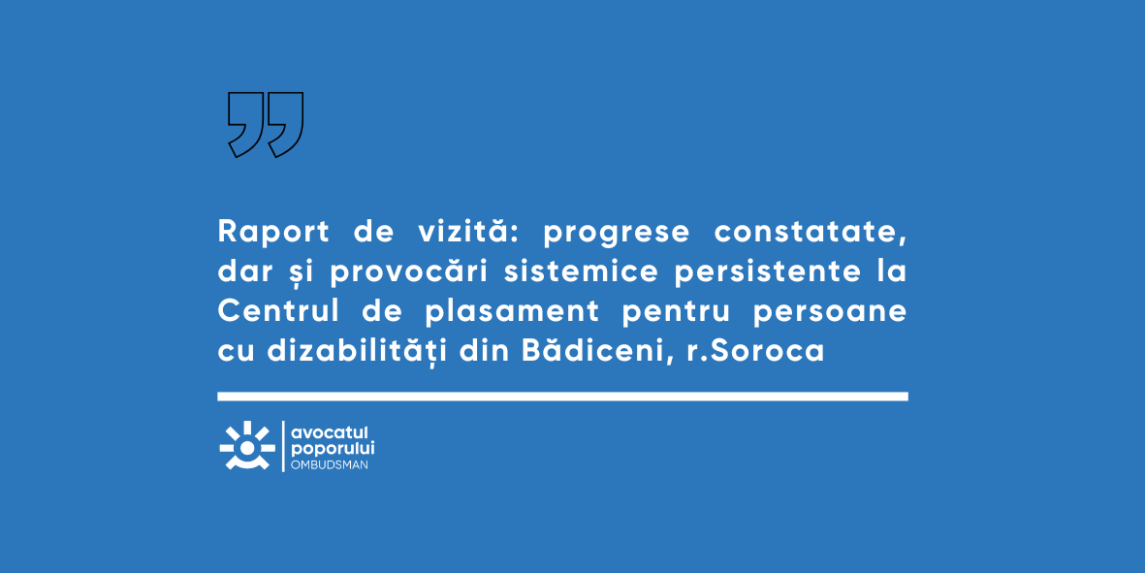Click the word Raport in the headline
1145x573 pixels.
[x=273, y=233]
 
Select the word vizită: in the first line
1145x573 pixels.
[x=467, y=231]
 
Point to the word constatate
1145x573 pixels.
[x=811, y=233]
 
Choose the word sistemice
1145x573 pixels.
[x=582, y=271]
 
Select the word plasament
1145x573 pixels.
[x=512, y=311]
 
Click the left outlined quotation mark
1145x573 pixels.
[x=246, y=124]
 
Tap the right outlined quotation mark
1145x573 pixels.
[x=285, y=124]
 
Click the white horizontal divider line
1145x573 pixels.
[x=562, y=397]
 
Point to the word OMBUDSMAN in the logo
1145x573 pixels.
[x=330, y=465]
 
